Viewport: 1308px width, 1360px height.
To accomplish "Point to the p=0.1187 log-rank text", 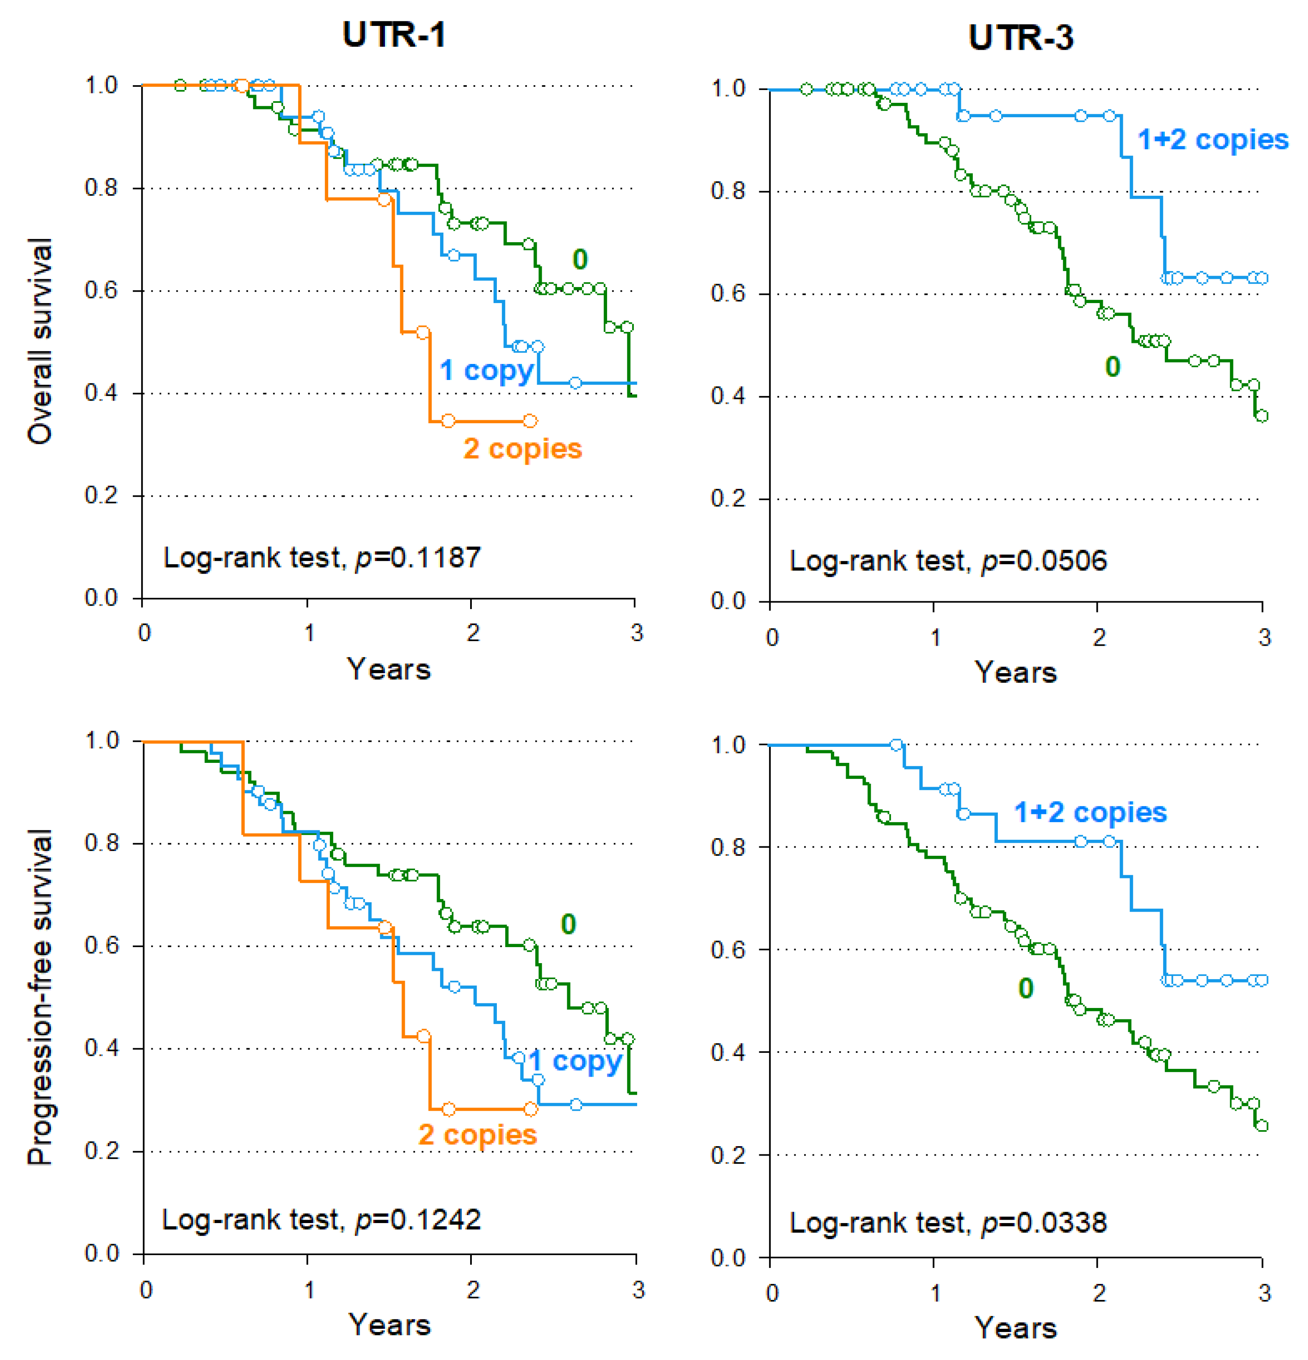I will [321, 558].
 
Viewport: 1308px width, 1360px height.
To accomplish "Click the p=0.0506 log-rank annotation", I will [948, 561].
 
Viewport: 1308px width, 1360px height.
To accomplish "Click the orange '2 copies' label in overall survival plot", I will [522, 449].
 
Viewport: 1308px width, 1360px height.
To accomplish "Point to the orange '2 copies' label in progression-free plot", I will [478, 1135].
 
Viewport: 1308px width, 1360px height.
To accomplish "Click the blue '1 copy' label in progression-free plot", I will [575, 1061].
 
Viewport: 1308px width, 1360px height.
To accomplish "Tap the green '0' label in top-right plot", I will [1112, 366].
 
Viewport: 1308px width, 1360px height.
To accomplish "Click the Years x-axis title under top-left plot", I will [389, 670].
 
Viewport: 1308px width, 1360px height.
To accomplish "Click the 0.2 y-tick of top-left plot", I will [101, 496].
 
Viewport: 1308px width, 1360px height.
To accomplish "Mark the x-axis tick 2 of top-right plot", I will [1099, 637].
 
